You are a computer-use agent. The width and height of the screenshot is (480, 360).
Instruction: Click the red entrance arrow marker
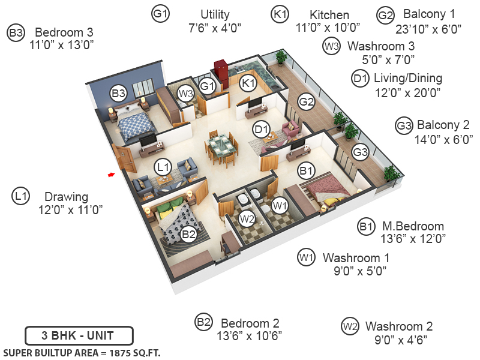click(x=110, y=175)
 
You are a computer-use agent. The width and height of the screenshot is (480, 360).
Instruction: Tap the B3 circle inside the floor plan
click(x=118, y=93)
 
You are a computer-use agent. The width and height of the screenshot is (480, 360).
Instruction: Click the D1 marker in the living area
click(x=260, y=128)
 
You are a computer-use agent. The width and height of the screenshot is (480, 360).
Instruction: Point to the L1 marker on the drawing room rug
click(x=162, y=166)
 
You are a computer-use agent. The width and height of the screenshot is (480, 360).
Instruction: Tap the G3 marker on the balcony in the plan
click(x=360, y=152)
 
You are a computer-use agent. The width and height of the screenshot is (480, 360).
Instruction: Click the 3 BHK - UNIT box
click(x=79, y=335)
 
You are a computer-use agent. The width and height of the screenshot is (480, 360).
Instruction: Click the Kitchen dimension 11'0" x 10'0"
click(x=329, y=27)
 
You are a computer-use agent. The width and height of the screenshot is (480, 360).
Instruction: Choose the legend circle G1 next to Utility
click(x=161, y=14)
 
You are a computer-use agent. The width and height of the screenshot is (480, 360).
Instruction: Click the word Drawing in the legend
click(x=66, y=197)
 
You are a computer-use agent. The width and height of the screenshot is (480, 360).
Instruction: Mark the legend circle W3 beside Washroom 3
click(x=332, y=46)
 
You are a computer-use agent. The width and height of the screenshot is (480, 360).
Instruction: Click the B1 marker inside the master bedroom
click(x=307, y=172)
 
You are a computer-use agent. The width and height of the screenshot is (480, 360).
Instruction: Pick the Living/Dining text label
click(x=407, y=78)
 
